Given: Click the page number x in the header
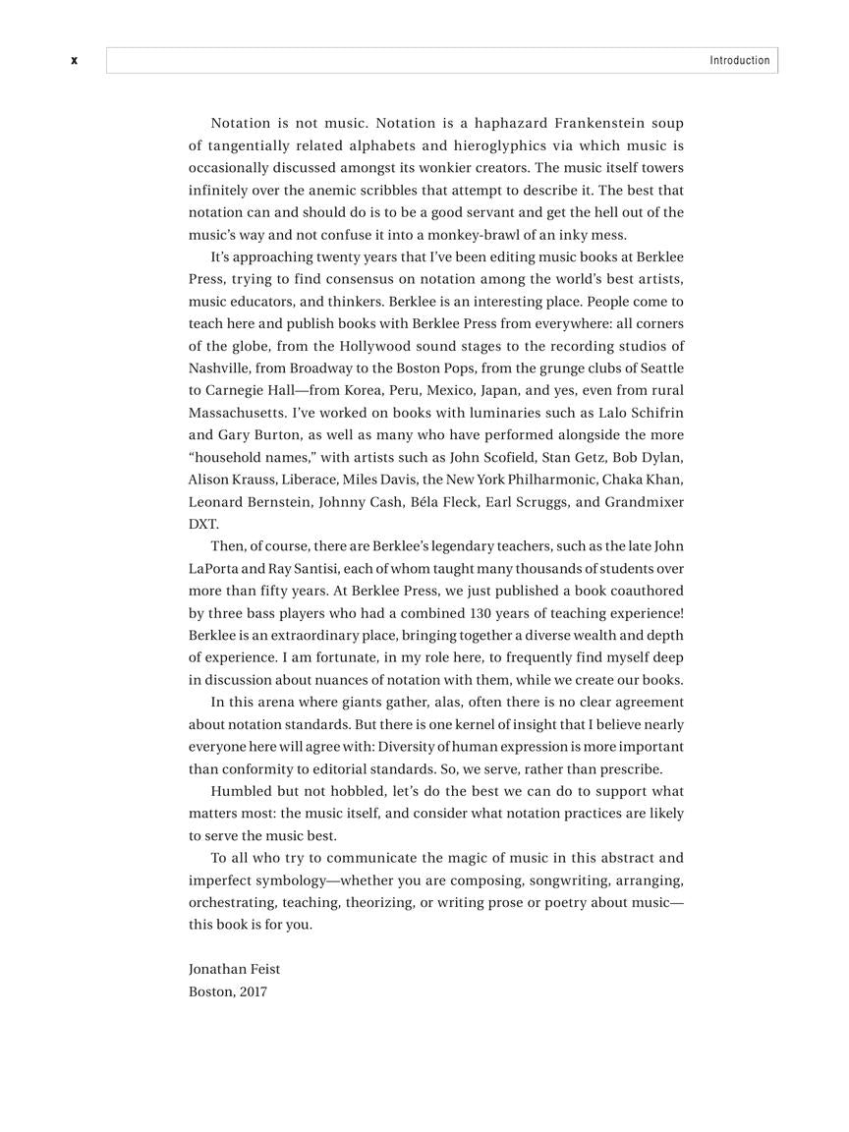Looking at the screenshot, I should tap(74, 61).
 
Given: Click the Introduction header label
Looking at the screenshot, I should tap(740, 61).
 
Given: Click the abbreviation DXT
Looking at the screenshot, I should tap(203, 525).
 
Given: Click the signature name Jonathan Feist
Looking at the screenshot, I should tap(234, 969).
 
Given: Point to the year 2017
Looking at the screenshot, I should tap(253, 991).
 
